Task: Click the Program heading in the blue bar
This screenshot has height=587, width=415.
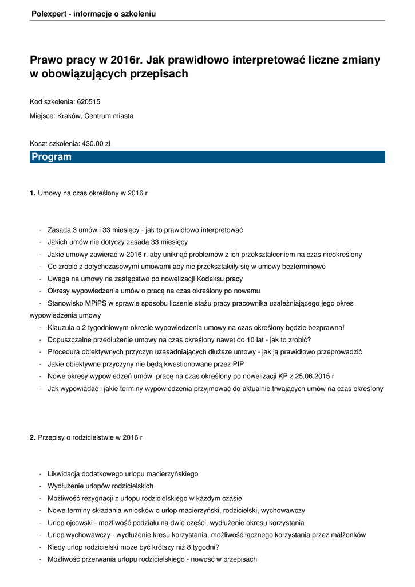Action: pos(52,157)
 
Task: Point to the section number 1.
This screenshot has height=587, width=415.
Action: pos(33,193)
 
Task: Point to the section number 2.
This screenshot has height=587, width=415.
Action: pos(33,437)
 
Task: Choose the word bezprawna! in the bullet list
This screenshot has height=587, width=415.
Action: pos(327,328)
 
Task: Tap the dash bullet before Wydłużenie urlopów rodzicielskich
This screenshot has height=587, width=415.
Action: pos(41,486)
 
